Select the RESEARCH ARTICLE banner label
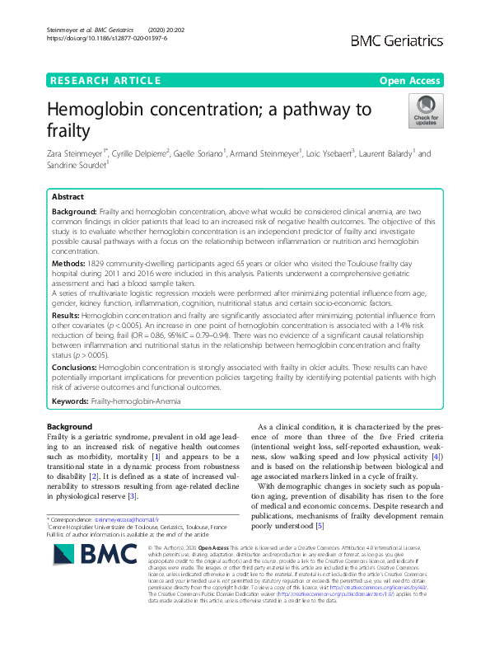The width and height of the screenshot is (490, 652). pos(105,80)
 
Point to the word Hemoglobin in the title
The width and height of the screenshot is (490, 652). pos(110,109)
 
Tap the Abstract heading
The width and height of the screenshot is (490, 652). pos(68,198)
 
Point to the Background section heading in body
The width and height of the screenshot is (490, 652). pos(69,426)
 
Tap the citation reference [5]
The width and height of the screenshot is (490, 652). pos(320,527)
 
